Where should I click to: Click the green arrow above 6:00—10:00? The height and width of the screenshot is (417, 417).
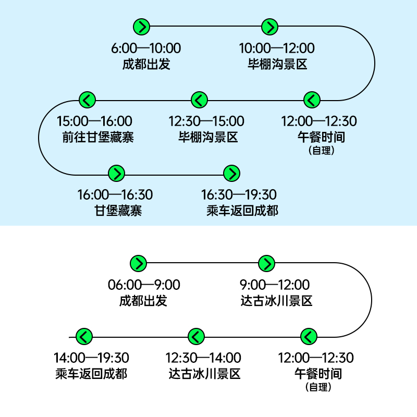pos(141,27)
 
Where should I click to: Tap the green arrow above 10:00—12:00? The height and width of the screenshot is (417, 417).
pos(269,27)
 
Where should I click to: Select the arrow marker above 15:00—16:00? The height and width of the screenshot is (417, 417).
pos(87,100)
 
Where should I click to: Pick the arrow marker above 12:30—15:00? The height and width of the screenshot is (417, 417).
pos(200,100)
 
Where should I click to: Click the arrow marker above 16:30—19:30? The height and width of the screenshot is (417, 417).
pos(232,174)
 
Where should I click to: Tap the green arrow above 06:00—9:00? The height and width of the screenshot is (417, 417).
pos(138,264)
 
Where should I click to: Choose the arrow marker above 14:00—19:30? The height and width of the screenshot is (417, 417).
pos(84,336)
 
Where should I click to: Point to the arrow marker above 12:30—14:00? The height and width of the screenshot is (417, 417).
pos(197,336)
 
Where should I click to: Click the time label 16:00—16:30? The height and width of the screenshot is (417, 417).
pos(115,194)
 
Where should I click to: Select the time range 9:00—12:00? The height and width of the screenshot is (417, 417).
pos(275,285)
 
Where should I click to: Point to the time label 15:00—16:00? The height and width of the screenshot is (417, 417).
pos(94,121)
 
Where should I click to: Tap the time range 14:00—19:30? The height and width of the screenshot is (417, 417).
pos(91,358)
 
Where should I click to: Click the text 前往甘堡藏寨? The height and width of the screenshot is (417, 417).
pos(98,137)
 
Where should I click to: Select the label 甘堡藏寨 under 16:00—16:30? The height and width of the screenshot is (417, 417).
pos(118,211)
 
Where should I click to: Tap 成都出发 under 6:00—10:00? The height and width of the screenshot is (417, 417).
pos(146,64)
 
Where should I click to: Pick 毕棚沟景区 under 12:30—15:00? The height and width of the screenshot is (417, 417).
pos(208,137)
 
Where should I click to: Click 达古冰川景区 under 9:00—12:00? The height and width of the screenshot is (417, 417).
pos(276,301)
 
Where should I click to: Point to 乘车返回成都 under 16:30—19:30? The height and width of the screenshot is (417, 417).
pos(242,211)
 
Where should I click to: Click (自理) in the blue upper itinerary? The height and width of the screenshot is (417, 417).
pos(321,151)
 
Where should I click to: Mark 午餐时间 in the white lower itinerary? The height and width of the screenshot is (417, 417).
pos(318,374)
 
